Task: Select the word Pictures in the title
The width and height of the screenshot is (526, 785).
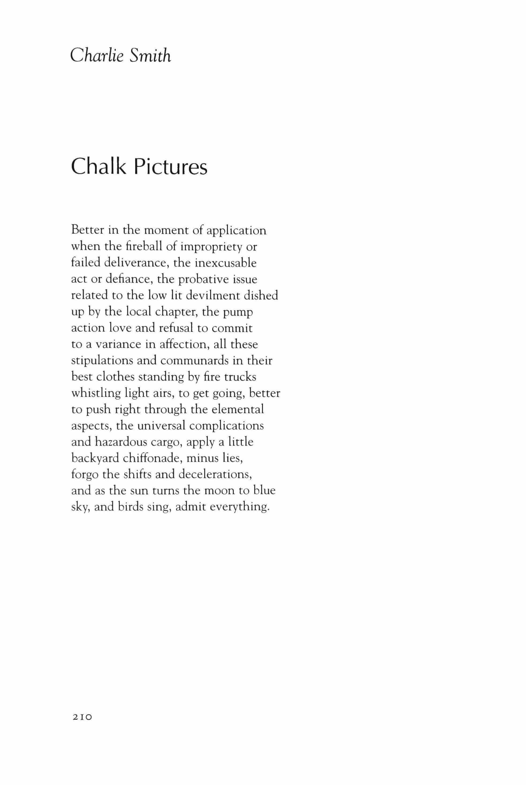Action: click(171, 166)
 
